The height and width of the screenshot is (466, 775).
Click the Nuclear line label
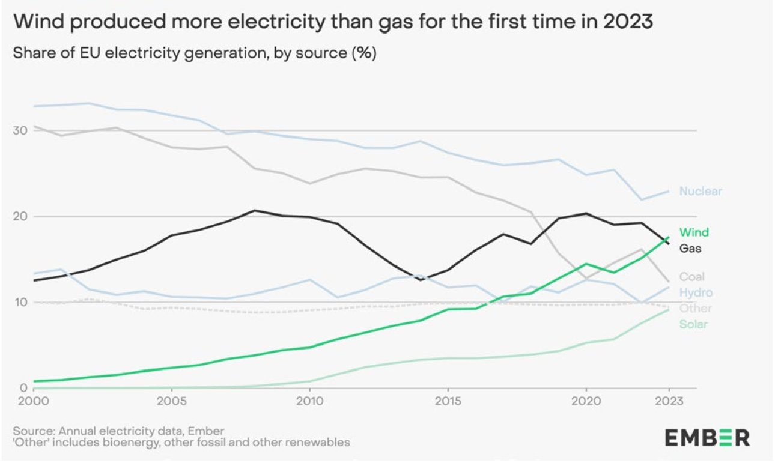pos(700,192)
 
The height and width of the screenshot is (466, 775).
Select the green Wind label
pos(694,232)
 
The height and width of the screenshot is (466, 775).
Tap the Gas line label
pos(690,248)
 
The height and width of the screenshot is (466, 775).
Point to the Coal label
pos(692,277)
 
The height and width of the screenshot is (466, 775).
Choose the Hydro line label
pos(696,292)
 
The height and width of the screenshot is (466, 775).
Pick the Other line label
pos(695,309)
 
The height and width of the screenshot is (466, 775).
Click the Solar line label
pos(693,324)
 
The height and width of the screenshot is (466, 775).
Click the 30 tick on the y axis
pos(20,130)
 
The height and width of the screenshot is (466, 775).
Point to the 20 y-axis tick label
pos(20,216)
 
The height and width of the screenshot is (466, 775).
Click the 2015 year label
pos(447,401)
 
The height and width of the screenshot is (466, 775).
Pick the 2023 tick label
pos(668,401)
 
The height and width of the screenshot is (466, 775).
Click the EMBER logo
pos(707,438)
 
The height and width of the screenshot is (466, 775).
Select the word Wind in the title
pos(38,22)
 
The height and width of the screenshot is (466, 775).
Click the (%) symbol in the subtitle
pos(364,53)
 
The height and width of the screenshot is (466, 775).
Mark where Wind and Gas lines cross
pos(663,243)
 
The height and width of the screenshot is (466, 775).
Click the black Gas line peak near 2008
pos(255,210)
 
